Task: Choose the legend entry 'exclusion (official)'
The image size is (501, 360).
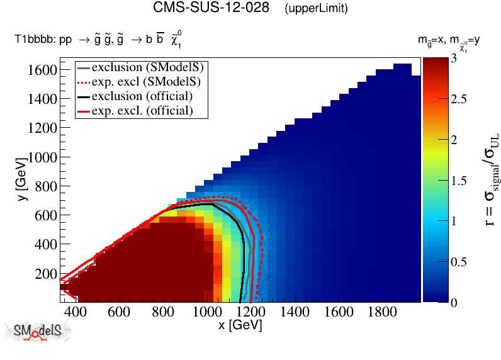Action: coord(142,96)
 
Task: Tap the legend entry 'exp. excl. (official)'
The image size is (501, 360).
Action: coord(142,111)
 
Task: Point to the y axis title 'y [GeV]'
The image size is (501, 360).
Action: coord(22,180)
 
